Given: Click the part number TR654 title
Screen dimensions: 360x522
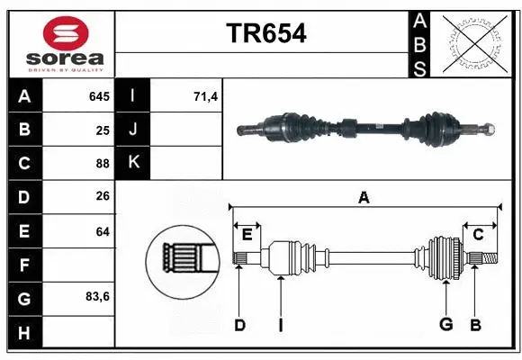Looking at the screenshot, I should click(x=265, y=33).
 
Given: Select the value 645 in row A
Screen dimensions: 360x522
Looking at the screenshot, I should click(x=99, y=96).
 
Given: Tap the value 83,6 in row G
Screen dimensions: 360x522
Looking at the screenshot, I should click(x=97, y=297).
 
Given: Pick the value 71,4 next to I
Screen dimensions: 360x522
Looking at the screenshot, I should click(x=206, y=96).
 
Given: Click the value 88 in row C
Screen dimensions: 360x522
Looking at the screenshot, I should click(x=103, y=163).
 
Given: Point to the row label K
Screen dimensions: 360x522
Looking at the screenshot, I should click(x=133, y=163).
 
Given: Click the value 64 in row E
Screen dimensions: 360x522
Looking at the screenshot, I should click(x=103, y=231).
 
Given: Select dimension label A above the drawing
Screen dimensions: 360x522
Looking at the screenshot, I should click(x=364, y=197).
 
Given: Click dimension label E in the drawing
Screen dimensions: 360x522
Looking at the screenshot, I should click(x=247, y=235).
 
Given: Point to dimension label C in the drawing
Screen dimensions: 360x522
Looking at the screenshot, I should click(x=478, y=235).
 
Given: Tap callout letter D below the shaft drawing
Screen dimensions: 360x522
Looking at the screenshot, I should click(x=239, y=325).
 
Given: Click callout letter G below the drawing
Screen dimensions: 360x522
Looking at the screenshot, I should click(x=445, y=325).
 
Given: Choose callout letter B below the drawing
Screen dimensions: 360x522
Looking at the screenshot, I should click(x=476, y=325).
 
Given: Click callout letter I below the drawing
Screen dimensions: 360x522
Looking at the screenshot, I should click(x=280, y=325).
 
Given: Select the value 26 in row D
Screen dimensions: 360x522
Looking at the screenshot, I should click(x=103, y=197).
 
